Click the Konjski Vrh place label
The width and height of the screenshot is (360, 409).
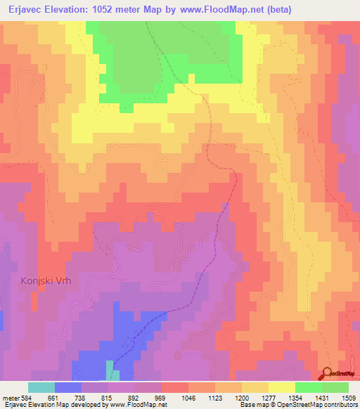[x=42, y=280]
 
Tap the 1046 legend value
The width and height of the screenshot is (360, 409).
[x=188, y=397]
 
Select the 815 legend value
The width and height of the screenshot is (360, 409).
[x=108, y=397]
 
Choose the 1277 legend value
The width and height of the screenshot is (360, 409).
[x=268, y=397]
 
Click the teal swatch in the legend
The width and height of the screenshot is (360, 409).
[x=41, y=387]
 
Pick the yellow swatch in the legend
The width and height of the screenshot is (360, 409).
[x=281, y=387]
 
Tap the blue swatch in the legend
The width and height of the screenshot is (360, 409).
[x=68, y=387]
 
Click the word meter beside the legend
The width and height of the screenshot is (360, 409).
[x=10, y=397]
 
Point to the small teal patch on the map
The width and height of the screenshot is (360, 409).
[x=109, y=370]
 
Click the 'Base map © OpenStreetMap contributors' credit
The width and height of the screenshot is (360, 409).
[x=297, y=405]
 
